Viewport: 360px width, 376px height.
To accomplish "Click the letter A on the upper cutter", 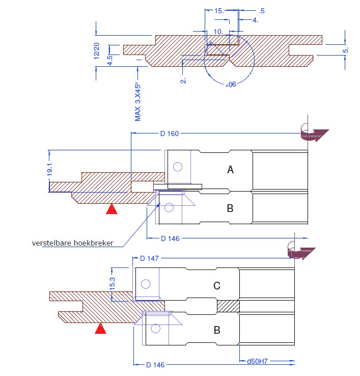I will (x=230, y=170).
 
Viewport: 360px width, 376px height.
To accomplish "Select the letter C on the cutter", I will (x=216, y=286).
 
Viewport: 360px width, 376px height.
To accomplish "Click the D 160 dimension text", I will (x=170, y=134).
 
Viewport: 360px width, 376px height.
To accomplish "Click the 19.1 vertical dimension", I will (x=50, y=171).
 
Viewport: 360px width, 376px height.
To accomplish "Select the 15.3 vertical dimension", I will (x=112, y=284).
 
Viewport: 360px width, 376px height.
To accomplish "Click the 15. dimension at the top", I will (x=219, y=10).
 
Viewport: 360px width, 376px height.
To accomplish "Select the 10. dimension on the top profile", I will (x=218, y=31).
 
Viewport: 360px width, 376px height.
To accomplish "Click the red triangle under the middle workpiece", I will (x=112, y=209).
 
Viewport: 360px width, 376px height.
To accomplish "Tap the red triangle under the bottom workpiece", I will (x=100, y=329).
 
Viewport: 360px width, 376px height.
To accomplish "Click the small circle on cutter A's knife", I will (x=178, y=166).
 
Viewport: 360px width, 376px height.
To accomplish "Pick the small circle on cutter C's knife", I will (x=146, y=284).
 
